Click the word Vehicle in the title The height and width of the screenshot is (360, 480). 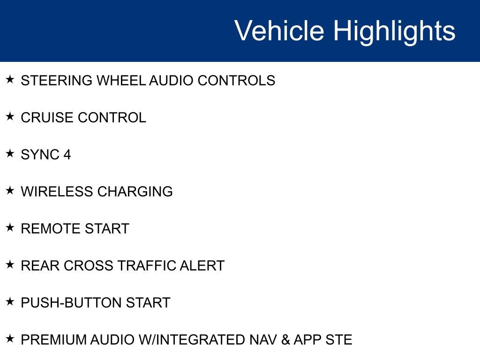(x=279, y=31)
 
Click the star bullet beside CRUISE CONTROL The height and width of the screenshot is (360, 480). (x=10, y=116)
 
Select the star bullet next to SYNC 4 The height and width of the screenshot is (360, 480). (x=10, y=153)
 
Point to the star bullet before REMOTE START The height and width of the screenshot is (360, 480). (x=10, y=227)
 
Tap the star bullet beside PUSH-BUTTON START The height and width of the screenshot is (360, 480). (x=10, y=301)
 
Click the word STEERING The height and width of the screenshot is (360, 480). (x=57, y=81)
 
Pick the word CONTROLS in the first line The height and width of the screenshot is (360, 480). (x=236, y=81)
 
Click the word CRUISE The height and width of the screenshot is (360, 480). (x=47, y=118)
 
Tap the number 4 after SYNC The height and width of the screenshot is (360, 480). (x=67, y=155)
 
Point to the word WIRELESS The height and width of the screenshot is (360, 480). (x=57, y=192)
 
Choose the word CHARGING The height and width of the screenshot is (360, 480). (x=135, y=192)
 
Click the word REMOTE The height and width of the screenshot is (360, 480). (x=51, y=229)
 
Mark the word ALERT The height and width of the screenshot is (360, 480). (x=202, y=266)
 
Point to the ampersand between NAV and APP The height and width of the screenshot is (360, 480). (x=285, y=340)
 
